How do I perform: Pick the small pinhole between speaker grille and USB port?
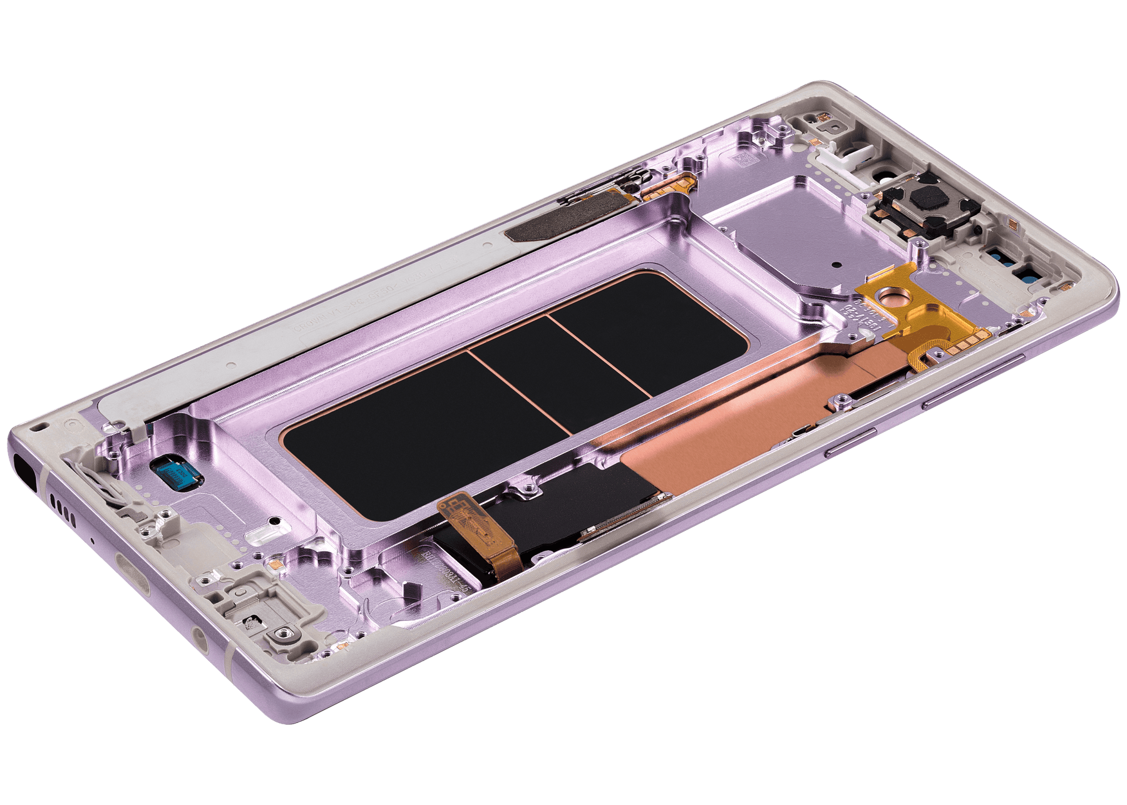click(93, 539)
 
